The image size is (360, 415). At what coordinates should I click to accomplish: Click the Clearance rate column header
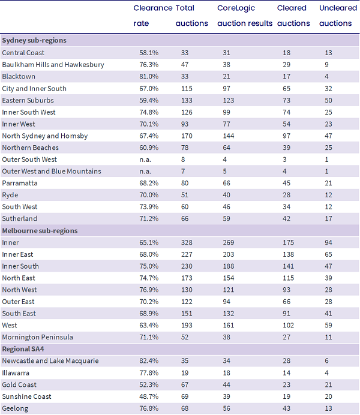[153, 16]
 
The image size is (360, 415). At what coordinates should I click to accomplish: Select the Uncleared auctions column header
[338, 16]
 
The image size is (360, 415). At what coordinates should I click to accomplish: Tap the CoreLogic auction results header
[245, 16]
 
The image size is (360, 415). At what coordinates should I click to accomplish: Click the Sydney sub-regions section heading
[34, 41]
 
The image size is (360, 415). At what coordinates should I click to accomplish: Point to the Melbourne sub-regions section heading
[40, 231]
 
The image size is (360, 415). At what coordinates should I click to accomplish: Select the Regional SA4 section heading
[23, 349]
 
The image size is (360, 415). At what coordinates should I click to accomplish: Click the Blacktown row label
[19, 77]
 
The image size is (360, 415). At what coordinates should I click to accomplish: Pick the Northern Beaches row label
[31, 148]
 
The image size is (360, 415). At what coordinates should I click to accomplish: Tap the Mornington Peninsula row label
[37, 337]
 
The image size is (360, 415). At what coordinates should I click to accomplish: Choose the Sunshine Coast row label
[27, 396]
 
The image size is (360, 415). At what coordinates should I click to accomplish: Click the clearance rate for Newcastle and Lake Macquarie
[149, 361]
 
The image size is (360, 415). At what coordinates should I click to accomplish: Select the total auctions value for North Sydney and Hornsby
[187, 136]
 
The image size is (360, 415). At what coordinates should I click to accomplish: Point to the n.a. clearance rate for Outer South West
[145, 160]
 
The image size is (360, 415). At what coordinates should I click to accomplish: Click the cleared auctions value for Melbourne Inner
[288, 242]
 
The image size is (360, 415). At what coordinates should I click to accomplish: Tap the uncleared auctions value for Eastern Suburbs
[328, 100]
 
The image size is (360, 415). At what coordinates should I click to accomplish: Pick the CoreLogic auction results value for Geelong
[226, 408]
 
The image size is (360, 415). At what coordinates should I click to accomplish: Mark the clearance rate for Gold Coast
[149, 384]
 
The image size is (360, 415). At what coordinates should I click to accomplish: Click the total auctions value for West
[187, 325]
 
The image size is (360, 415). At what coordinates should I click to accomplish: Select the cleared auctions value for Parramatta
[286, 183]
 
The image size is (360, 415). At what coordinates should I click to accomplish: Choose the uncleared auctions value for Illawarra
[326, 373]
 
